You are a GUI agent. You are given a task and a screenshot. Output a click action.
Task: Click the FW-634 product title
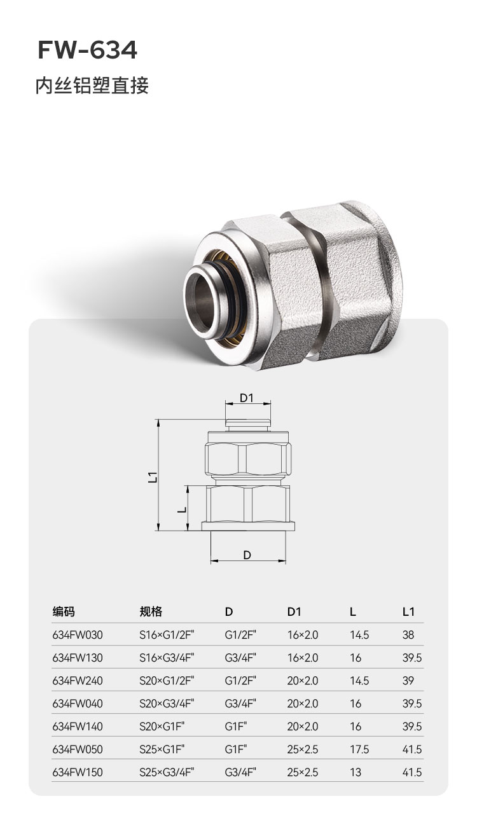pyautogui.click(x=88, y=50)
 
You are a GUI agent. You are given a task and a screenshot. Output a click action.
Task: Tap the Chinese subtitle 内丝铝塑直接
pyautogui.click(x=92, y=86)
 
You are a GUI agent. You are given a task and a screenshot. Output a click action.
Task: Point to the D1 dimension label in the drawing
pyautogui.click(x=247, y=398)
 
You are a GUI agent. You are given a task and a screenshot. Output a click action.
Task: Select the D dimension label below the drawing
pyautogui.click(x=247, y=555)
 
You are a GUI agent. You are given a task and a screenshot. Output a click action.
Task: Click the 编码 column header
pyautogui.click(x=63, y=612)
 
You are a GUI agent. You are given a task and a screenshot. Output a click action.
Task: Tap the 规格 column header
pyautogui.click(x=151, y=612)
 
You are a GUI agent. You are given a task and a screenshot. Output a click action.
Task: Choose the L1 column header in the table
pyautogui.click(x=408, y=612)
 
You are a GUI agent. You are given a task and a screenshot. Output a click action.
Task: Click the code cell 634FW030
pyautogui.click(x=78, y=635)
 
